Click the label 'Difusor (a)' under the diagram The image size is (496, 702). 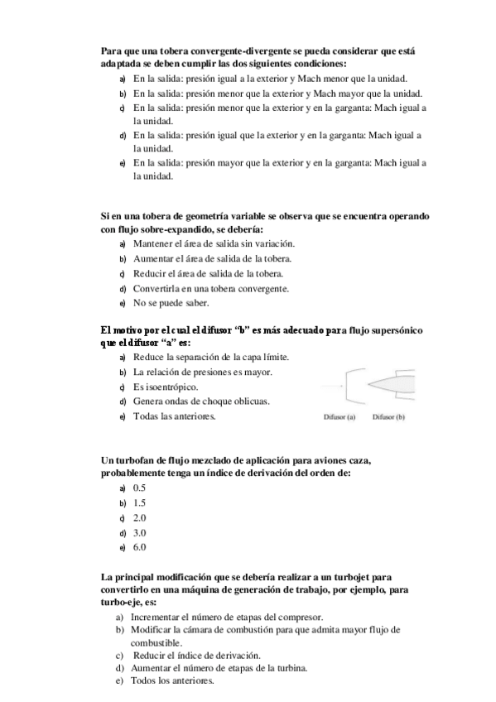339,417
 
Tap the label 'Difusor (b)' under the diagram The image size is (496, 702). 388,417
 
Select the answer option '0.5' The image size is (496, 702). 139,488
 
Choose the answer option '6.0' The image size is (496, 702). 139,547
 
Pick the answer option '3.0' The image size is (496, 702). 139,532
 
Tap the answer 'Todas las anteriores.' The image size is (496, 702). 174,416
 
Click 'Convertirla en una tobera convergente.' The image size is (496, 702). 210,288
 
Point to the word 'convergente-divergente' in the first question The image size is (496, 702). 219,51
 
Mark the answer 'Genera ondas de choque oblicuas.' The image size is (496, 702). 200,401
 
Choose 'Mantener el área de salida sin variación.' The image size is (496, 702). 214,243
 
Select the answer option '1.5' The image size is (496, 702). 139,502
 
